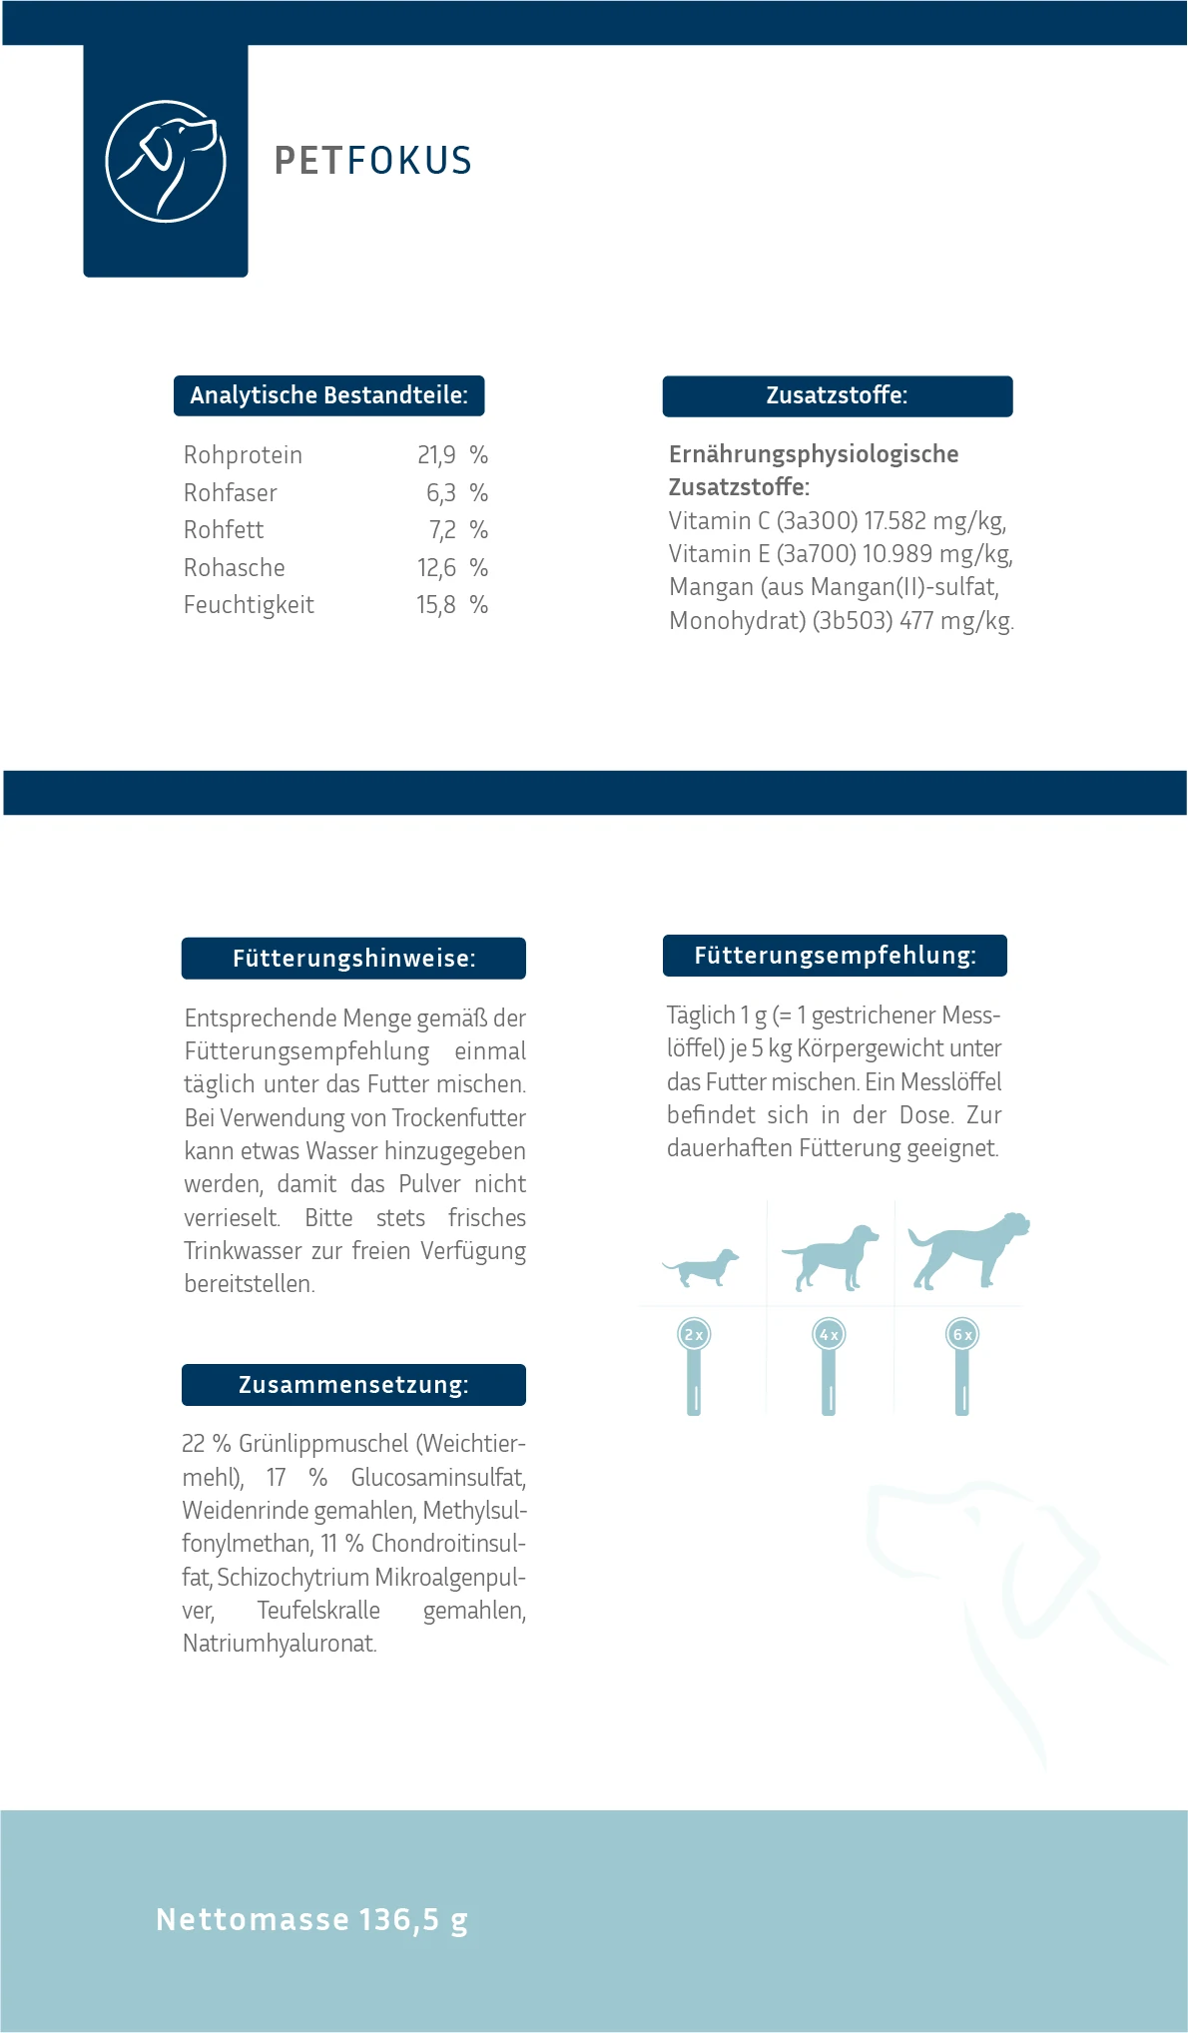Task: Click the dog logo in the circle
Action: [x=166, y=161]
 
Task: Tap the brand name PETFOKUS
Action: [x=372, y=161]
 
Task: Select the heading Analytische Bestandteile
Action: [x=328, y=395]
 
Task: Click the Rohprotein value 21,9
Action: [x=436, y=455]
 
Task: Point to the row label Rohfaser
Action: [x=231, y=493]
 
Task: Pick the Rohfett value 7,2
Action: [x=442, y=530]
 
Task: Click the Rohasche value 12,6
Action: [x=436, y=568]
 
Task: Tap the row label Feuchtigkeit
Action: [x=249, y=605]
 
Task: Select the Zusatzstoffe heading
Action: [x=837, y=395]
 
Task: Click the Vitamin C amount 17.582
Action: [x=894, y=521]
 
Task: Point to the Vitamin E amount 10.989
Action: [x=896, y=554]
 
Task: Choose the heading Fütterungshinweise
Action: [x=353, y=959]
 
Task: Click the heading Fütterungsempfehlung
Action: [x=835, y=956]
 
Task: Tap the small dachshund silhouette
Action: [x=701, y=1268]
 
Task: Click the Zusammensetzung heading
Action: [x=353, y=1385]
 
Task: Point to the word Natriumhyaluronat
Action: [x=280, y=1644]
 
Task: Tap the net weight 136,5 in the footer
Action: [x=399, y=1919]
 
